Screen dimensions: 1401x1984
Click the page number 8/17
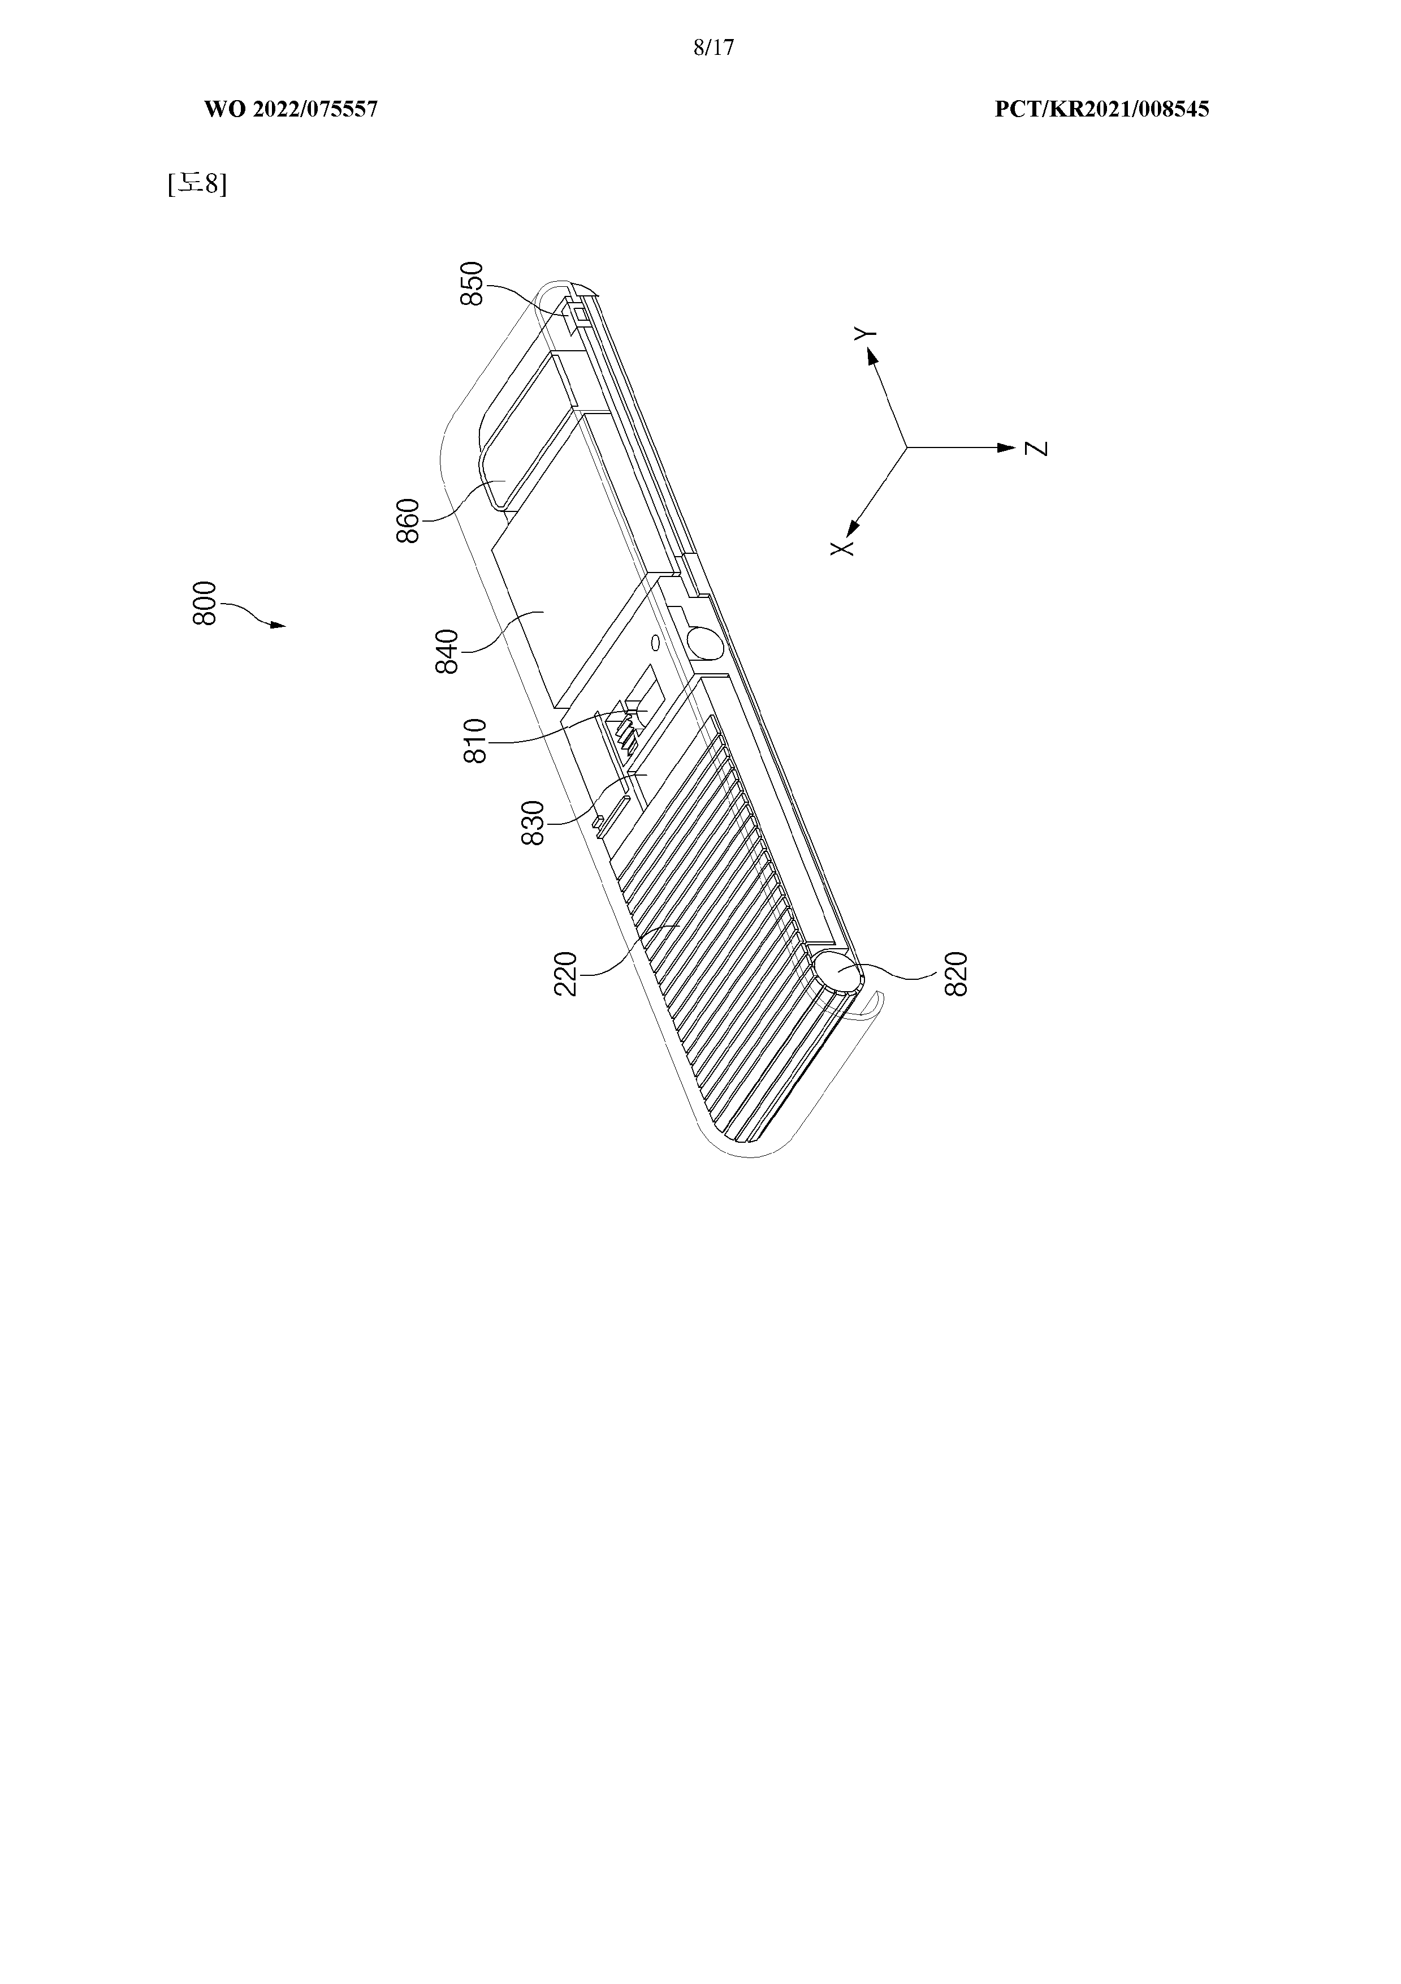(714, 48)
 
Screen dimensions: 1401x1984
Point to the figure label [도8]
(198, 184)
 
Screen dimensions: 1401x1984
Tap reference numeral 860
(408, 520)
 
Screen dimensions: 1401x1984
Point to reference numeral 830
(534, 824)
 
